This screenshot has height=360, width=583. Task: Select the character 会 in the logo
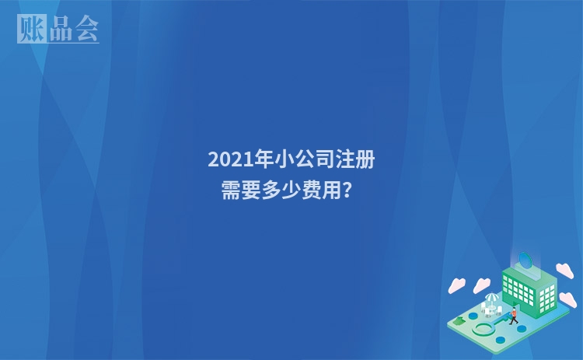(x=86, y=30)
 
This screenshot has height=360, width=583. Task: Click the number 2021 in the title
(x=231, y=160)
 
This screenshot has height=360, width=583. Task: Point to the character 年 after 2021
(x=266, y=160)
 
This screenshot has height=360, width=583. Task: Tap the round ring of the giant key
(x=484, y=329)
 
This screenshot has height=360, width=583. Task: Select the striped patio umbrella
(x=491, y=298)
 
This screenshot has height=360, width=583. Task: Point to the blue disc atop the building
(x=525, y=259)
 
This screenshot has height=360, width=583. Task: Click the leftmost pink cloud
(x=457, y=285)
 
